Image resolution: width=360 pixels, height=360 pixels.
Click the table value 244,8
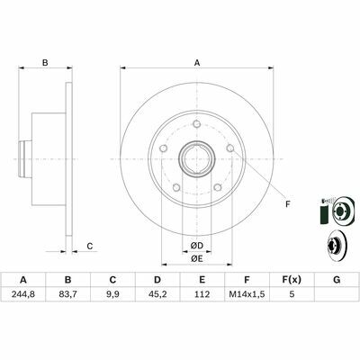(x=23, y=294)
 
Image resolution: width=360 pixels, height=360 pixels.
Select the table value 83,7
(x=68, y=294)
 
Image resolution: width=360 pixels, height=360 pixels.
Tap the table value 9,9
(x=112, y=294)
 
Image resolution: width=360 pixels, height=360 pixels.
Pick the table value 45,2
(x=157, y=294)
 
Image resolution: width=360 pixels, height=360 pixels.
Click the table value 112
(x=202, y=294)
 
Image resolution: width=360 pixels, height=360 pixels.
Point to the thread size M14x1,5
(x=247, y=294)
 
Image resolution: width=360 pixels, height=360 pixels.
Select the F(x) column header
(x=292, y=280)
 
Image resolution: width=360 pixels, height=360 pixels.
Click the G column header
(x=337, y=280)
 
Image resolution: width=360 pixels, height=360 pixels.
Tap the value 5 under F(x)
(x=292, y=294)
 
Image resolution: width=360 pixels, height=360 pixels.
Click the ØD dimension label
(x=197, y=246)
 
